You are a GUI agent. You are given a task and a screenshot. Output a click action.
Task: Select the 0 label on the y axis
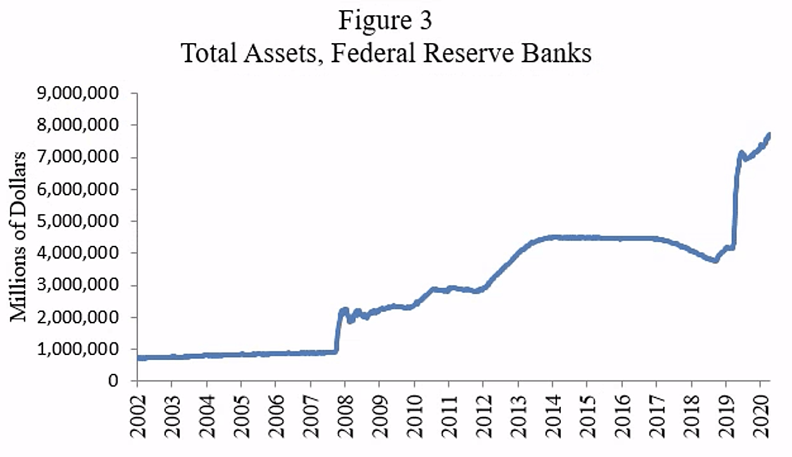point(115,381)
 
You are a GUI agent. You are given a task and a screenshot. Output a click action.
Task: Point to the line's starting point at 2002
point(139,357)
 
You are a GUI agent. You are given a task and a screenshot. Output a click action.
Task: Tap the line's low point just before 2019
point(715,260)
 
